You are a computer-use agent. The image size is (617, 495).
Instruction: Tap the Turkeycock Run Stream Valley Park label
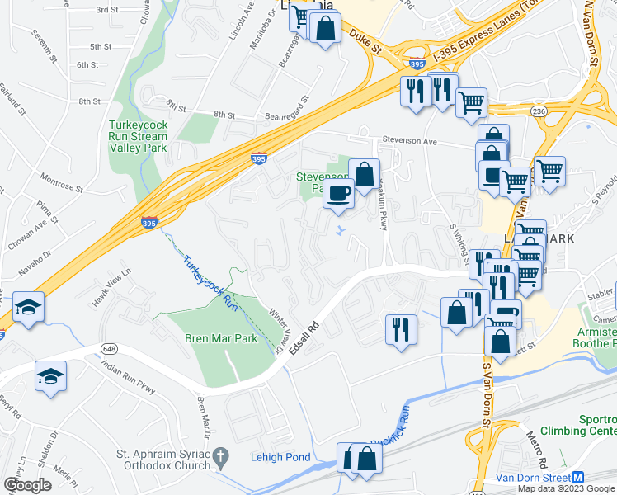click(139, 136)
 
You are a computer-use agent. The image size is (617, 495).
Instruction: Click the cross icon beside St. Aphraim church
click(219, 456)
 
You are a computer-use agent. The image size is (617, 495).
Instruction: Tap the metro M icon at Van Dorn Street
click(578, 478)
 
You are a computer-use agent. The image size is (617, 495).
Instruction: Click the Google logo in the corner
click(27, 485)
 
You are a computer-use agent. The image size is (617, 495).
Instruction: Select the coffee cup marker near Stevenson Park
click(339, 195)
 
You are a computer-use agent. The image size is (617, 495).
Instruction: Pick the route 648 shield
click(109, 348)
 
